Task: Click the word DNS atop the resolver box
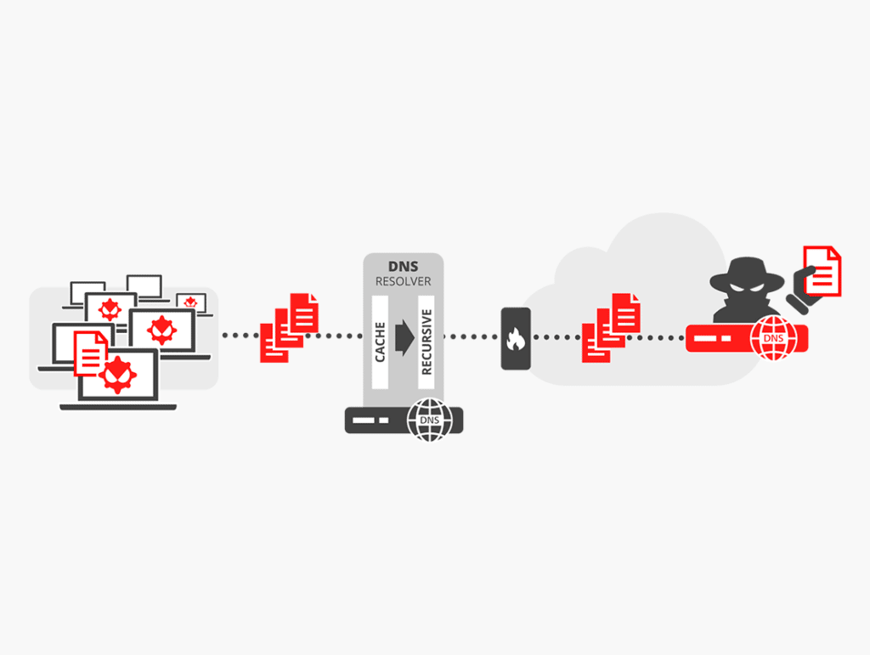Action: click(403, 267)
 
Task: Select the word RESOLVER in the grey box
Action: click(403, 281)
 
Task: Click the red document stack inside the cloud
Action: click(610, 328)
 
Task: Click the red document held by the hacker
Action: click(822, 270)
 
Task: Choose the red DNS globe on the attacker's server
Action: click(773, 338)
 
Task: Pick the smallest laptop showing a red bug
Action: click(191, 302)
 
